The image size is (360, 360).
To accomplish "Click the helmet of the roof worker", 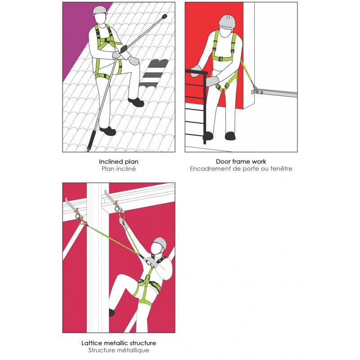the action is point(100,10).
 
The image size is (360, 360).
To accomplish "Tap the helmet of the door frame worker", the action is point(227,22).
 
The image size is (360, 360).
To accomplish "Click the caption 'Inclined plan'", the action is point(118,162).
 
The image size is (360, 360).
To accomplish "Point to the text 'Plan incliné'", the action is point(119,169).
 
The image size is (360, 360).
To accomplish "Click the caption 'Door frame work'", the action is point(241,162).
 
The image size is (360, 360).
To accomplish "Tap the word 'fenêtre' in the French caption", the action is point(281,169).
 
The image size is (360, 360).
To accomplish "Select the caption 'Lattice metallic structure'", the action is point(119,343).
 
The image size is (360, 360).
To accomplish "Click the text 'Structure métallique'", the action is point(119,351).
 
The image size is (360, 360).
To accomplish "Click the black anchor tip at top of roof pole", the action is point(164,16).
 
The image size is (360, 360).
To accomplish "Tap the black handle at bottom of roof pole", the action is point(91,140).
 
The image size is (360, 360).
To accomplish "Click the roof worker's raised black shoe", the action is point(136,102).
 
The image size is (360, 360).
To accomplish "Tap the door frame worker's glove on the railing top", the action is point(196,71).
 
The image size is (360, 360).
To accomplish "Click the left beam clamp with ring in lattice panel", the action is point(78,213).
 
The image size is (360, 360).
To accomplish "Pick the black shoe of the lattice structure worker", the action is point(112,312).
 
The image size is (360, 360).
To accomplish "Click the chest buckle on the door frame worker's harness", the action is point(220,59).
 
